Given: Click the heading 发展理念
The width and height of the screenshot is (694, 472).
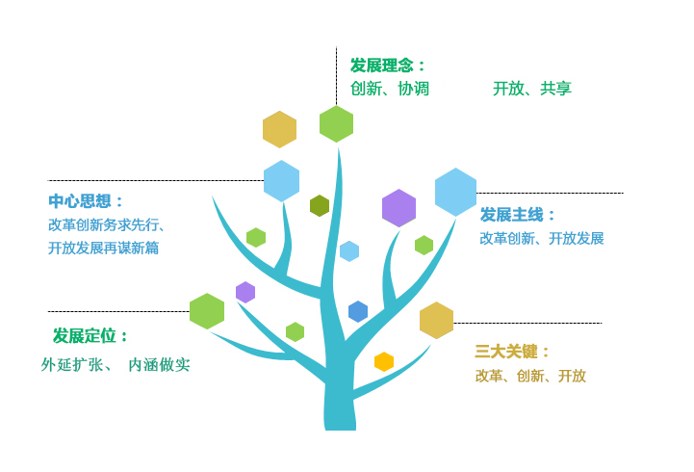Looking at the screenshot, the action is (x=382, y=66).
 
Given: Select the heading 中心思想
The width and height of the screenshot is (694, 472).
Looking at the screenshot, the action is (x=80, y=201).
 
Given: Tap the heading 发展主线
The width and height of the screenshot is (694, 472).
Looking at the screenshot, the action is (x=512, y=215).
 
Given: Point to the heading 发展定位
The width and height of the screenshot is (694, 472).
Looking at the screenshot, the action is (x=85, y=336).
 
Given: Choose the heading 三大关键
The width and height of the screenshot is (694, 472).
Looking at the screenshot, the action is (x=506, y=352).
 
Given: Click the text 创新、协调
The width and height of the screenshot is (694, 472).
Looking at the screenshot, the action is (x=390, y=89).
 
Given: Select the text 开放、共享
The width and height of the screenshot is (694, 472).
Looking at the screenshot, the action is (x=532, y=89).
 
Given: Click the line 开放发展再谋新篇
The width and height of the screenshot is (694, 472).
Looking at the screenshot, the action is (x=103, y=248).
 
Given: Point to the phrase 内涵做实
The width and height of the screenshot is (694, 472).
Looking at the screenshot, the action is (x=160, y=365).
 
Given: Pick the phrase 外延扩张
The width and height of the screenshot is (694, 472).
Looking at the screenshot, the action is (x=72, y=365).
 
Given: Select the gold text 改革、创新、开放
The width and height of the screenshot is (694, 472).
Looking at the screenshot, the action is (x=530, y=376).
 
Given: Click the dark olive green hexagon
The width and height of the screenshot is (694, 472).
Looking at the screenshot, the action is (x=320, y=205).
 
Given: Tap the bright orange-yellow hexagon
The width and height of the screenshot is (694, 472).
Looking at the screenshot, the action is (x=384, y=362).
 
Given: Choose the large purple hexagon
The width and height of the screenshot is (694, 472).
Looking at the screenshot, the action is (x=398, y=208).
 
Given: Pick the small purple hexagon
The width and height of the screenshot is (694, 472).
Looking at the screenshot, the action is (x=245, y=292).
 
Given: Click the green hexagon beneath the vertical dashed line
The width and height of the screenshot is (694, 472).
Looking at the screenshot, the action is (x=336, y=124).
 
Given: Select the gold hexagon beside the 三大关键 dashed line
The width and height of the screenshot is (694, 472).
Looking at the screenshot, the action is (x=436, y=320).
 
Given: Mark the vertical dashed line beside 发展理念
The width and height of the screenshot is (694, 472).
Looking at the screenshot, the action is (x=336, y=76).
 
